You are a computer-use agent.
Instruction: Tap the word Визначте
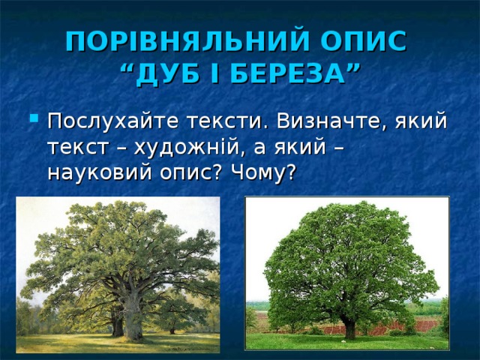point(331,121)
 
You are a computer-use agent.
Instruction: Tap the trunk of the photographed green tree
point(349,328)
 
